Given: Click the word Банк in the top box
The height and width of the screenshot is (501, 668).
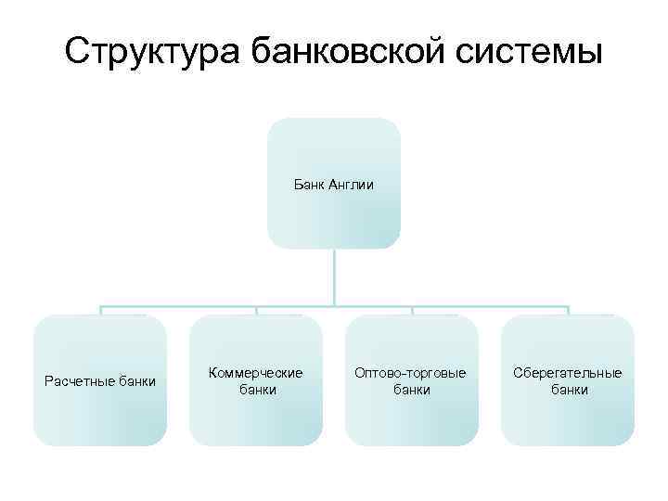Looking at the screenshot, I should (309, 185).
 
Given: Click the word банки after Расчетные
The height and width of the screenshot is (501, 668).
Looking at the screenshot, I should (137, 381).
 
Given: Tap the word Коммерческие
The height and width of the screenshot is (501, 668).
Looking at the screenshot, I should (256, 373).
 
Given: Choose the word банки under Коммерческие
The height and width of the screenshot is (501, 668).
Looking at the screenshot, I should (257, 391).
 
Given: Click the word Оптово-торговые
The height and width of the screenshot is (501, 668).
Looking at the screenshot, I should (411, 373).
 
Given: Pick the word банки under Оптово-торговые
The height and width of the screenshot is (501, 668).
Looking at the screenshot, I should (412, 391).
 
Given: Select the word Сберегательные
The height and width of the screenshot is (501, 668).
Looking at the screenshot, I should (568, 373).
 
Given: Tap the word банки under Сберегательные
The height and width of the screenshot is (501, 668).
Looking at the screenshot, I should (569, 391).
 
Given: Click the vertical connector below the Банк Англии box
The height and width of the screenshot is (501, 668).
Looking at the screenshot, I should (334, 276).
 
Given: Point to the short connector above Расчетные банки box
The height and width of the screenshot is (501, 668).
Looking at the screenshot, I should (100, 311).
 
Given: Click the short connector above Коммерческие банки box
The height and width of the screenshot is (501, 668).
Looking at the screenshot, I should (256, 311).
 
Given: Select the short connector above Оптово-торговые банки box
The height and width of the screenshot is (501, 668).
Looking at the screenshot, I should (412, 311).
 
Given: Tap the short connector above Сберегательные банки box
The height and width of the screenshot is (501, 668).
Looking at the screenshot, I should (568, 311).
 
